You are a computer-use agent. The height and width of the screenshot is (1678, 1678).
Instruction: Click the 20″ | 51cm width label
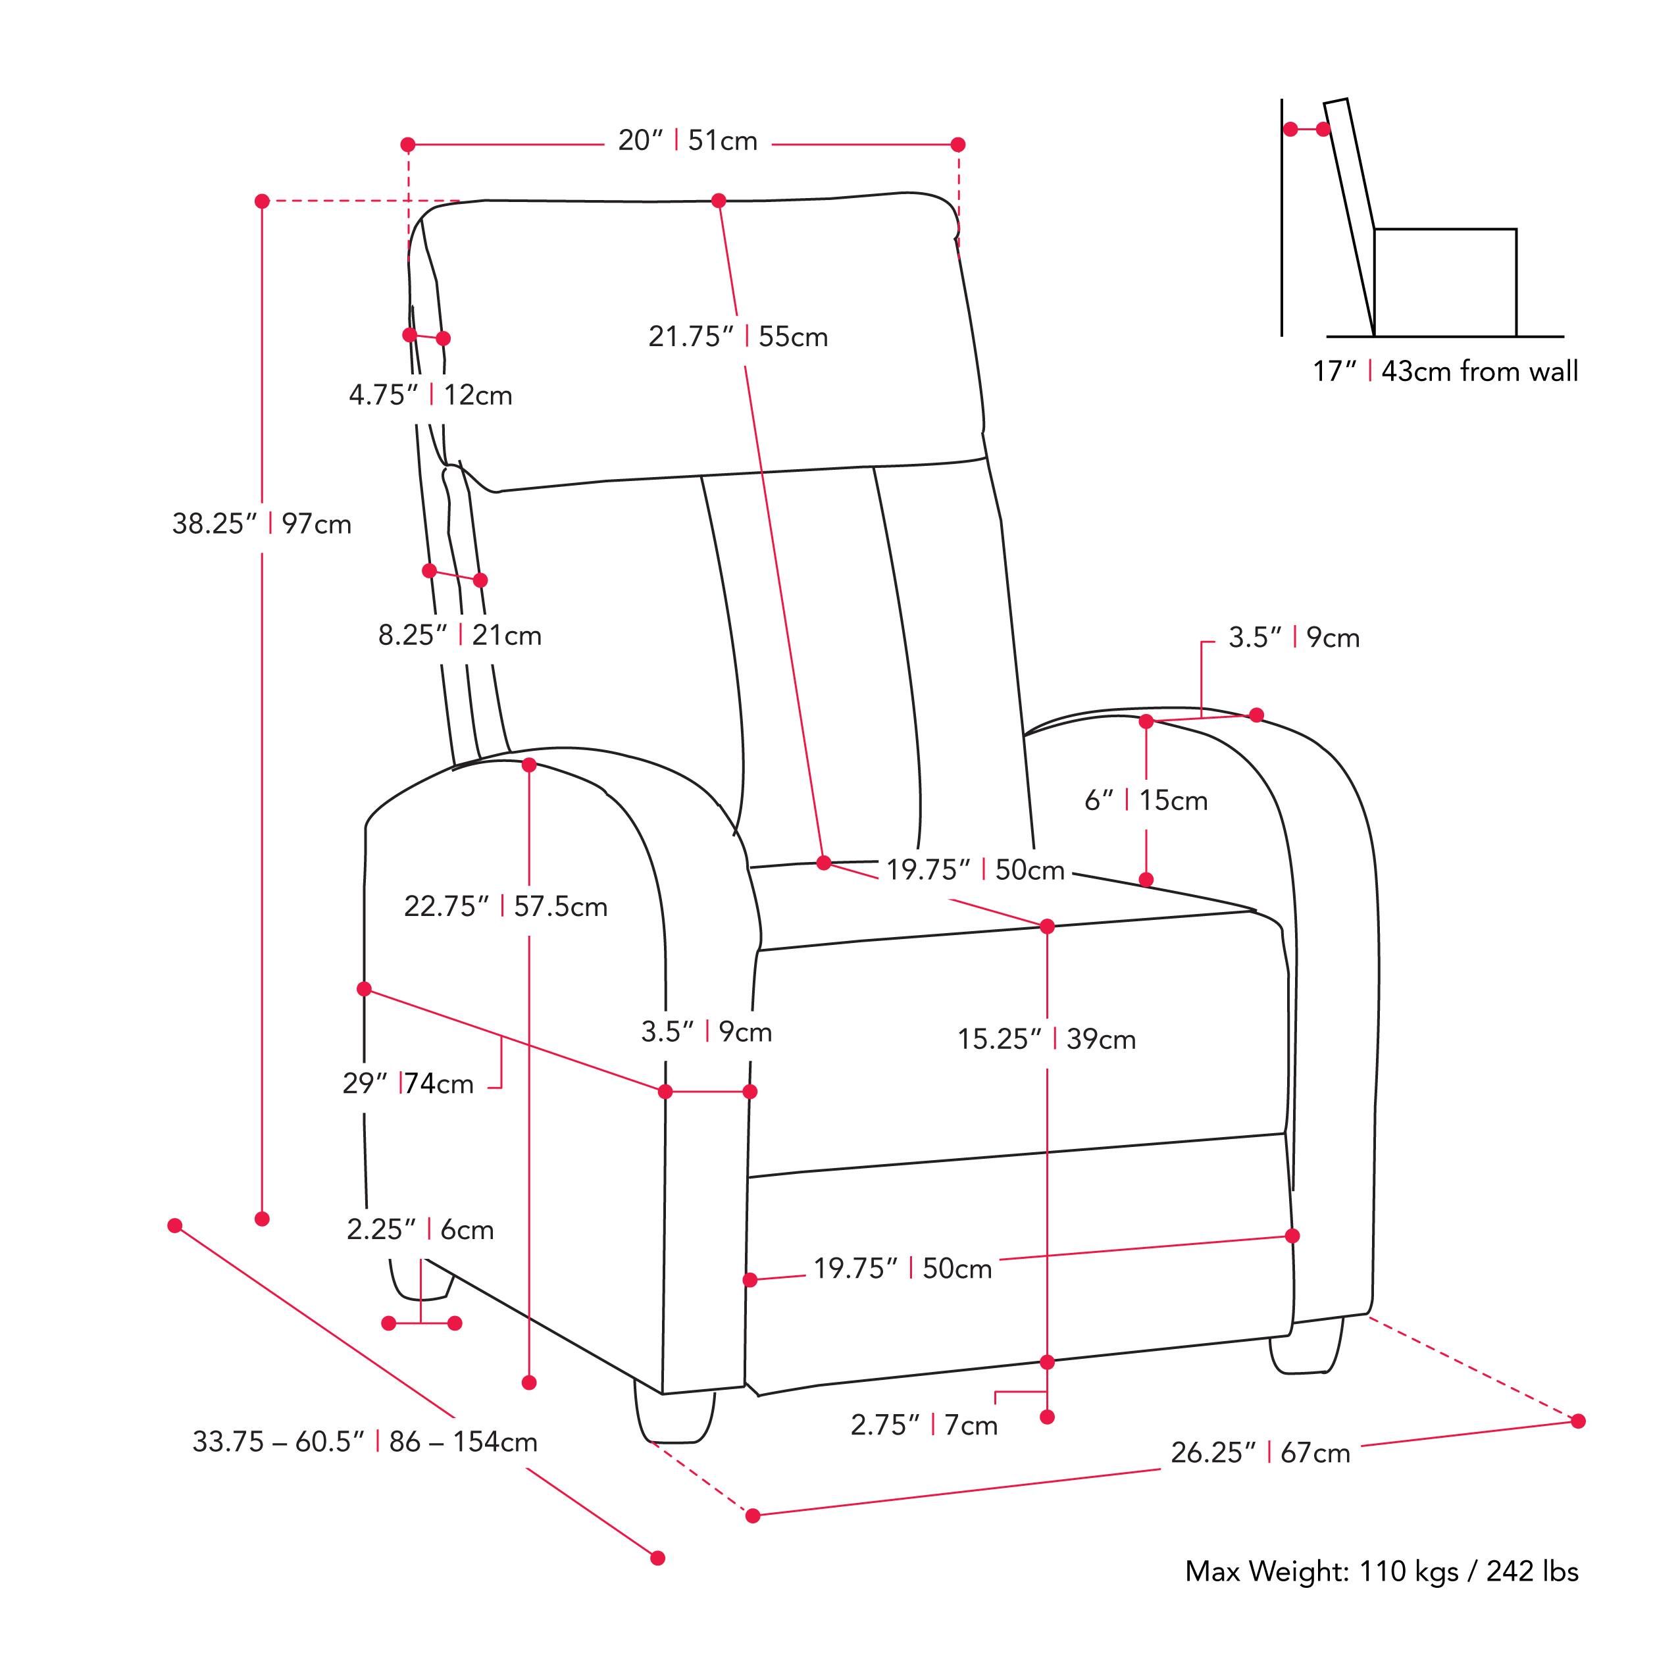(x=687, y=141)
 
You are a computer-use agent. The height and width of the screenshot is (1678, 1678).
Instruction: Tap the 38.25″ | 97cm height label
(x=261, y=524)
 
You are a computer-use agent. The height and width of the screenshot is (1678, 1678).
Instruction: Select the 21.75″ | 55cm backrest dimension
(x=738, y=336)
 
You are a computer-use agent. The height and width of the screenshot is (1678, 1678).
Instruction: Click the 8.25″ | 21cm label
(x=459, y=635)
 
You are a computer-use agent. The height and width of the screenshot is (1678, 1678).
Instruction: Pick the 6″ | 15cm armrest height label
(x=1145, y=800)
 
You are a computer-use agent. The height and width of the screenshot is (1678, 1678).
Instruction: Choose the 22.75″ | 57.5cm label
(x=505, y=907)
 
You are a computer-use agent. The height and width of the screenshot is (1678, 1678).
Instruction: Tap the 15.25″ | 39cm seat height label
(x=1046, y=1039)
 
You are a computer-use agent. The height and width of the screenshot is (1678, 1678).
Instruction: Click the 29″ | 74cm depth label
(x=407, y=1084)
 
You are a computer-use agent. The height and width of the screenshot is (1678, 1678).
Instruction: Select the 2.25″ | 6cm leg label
(x=420, y=1229)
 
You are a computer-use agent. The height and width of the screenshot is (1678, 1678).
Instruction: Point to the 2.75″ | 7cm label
(x=923, y=1425)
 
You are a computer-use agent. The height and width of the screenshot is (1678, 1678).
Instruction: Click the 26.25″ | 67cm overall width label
(x=1259, y=1452)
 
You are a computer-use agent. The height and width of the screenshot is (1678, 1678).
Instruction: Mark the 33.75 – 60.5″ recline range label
(x=364, y=1442)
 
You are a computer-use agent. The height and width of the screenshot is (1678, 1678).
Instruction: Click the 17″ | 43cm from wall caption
(x=1444, y=371)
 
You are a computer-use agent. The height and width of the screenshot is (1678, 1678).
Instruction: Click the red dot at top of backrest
(x=719, y=201)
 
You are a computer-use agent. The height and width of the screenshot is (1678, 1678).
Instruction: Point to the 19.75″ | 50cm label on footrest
(x=902, y=1268)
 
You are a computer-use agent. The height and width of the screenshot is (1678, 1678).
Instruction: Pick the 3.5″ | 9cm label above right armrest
(x=1293, y=638)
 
